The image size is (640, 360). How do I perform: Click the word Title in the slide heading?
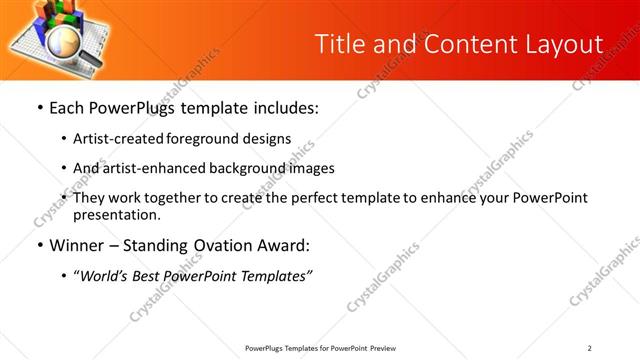[339, 44]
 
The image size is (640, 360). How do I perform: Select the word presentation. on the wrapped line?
[116, 214]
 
